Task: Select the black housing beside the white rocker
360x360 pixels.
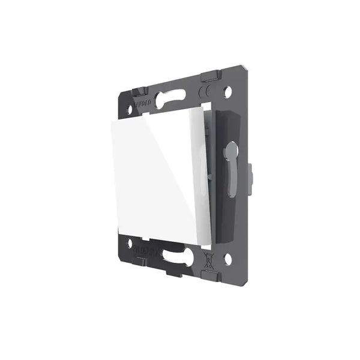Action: (223, 180)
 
